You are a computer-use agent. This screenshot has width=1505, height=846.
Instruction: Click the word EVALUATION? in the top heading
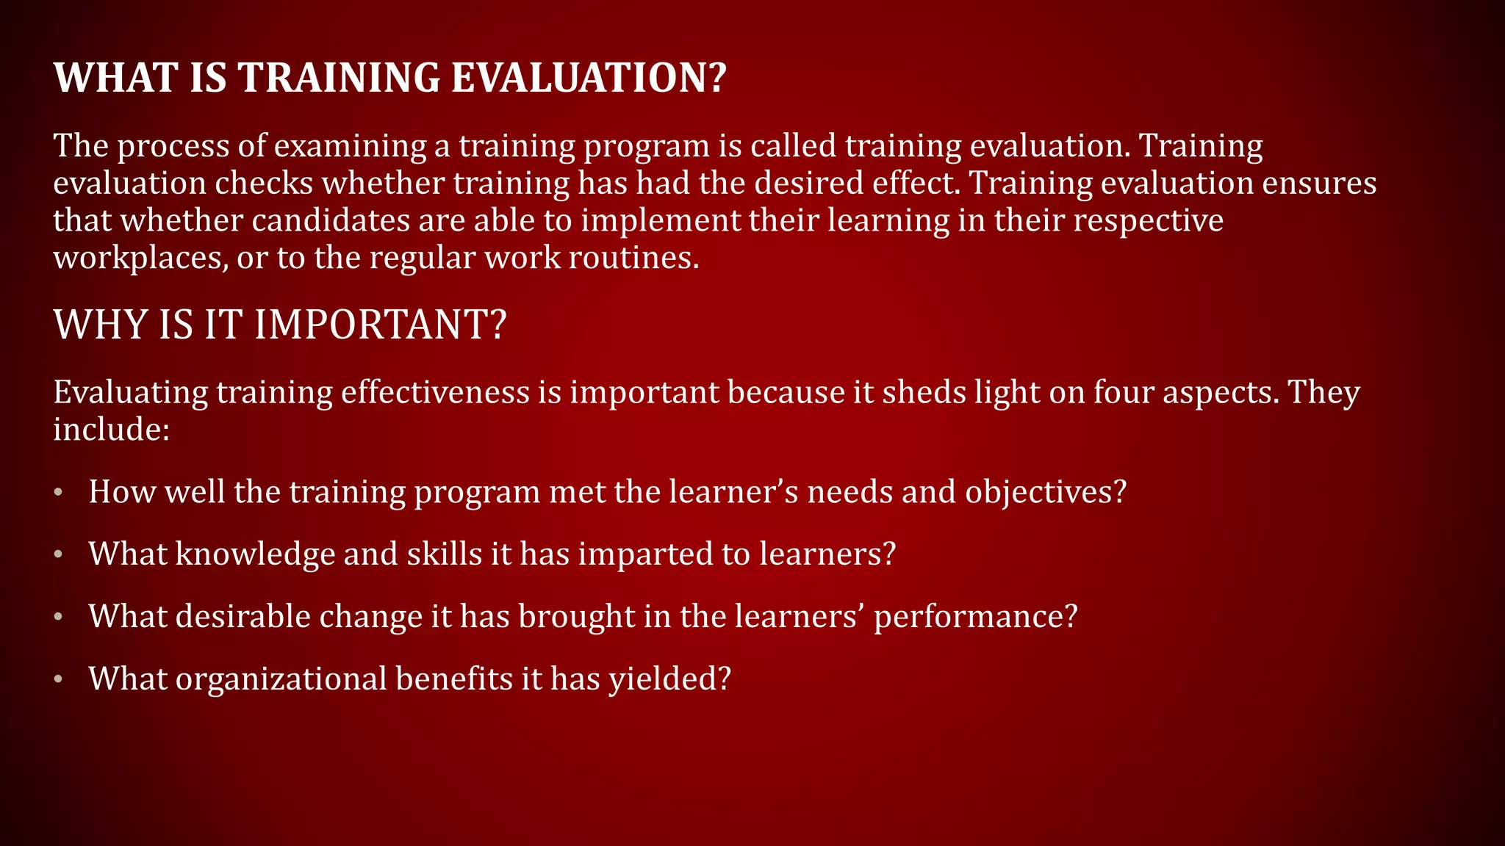pos(588,78)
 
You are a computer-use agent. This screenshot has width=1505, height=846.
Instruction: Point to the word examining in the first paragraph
pos(350,147)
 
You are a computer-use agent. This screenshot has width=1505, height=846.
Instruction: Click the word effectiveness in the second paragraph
pos(435,392)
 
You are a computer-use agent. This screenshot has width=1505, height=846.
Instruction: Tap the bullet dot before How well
pos(58,493)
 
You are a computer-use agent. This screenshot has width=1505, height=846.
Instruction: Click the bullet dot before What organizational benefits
pos(58,680)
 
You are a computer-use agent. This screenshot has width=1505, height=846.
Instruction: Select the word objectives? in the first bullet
pos(1045,493)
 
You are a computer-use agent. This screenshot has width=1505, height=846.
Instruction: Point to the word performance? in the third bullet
pos(975,617)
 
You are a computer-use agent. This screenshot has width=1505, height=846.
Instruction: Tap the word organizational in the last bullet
pos(281,679)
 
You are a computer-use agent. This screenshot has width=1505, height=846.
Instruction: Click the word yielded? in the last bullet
pos(669,679)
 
